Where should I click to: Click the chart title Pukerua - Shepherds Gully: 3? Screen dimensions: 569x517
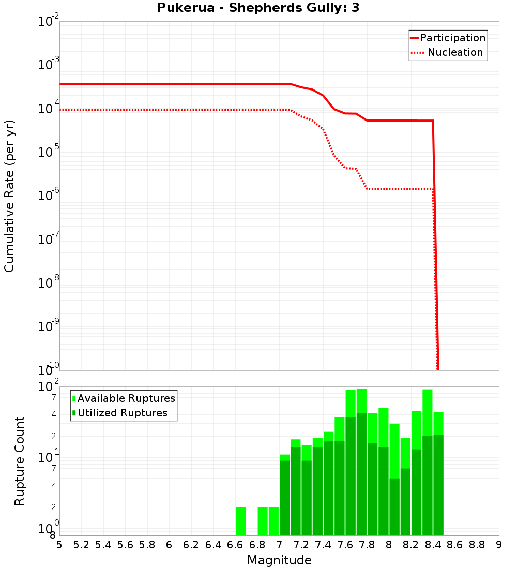point(258,9)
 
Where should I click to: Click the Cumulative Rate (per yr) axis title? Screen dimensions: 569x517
point(9,196)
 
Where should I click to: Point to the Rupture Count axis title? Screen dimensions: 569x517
point(20,461)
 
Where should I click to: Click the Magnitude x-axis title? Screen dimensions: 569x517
point(279,560)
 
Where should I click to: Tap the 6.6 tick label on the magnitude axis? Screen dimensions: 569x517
point(235,545)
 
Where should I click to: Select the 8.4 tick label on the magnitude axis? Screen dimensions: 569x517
point(433,545)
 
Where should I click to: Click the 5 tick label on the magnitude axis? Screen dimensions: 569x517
point(59,545)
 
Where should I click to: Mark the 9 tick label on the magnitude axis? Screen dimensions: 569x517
point(499,545)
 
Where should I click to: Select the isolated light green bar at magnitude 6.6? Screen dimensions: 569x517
point(240,521)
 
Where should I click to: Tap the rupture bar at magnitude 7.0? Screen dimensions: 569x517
point(284,497)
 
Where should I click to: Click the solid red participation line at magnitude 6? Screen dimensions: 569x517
point(169,84)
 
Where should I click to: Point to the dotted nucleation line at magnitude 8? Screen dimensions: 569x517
point(389,189)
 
